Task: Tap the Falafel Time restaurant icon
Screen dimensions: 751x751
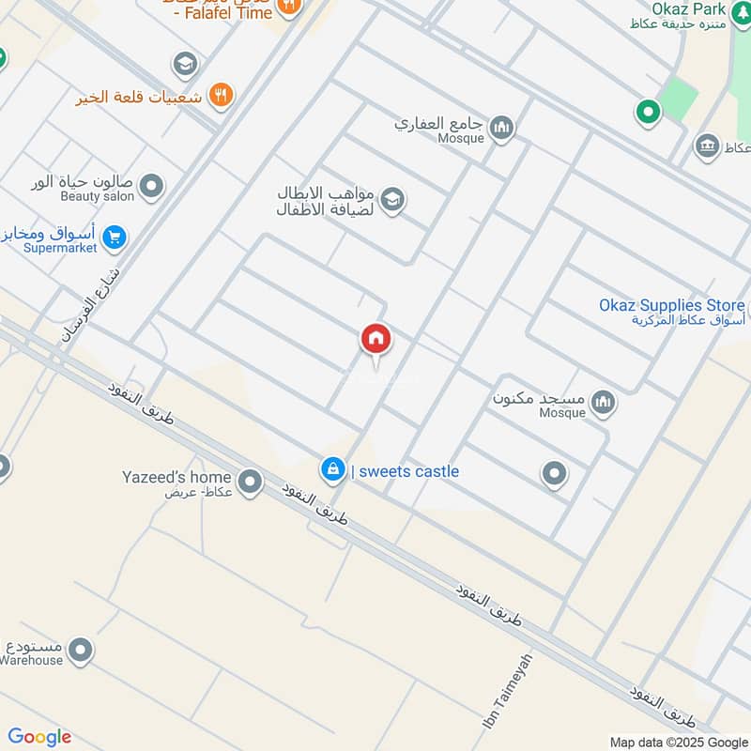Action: click(x=290, y=5)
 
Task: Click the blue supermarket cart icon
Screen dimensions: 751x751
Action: click(x=115, y=237)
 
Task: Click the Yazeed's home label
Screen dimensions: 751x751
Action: click(x=176, y=477)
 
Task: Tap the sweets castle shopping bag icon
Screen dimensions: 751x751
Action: click(x=331, y=470)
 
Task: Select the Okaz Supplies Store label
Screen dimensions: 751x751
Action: click(x=670, y=305)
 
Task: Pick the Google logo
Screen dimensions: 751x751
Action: click(x=39, y=737)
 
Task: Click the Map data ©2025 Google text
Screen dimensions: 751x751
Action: click(x=678, y=742)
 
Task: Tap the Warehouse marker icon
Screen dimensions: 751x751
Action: click(x=81, y=649)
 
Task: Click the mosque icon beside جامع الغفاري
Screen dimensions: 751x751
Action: click(x=502, y=127)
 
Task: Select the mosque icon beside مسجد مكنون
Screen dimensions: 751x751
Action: click(x=603, y=402)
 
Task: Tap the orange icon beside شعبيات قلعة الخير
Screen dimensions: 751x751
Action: click(x=222, y=94)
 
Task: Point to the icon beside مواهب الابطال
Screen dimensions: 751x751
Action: click(x=392, y=199)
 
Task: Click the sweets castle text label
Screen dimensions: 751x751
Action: click(x=406, y=471)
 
